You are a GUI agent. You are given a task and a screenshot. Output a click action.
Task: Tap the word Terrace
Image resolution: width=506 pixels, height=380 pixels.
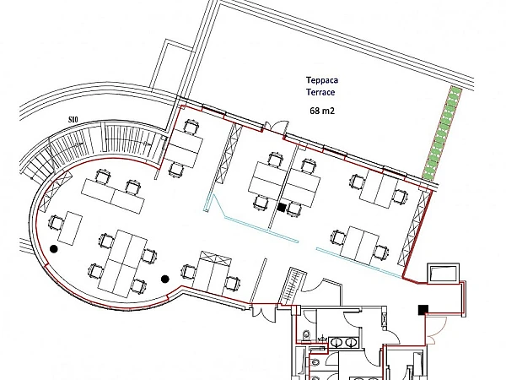pos(320,92)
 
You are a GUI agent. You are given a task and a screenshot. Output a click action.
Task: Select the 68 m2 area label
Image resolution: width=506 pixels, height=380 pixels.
pos(322,111)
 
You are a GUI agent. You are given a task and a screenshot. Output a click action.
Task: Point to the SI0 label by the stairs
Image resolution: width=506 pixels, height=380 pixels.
pos(73,120)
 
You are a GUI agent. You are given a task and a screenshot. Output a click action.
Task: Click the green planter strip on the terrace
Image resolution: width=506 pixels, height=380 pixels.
pos(442,133)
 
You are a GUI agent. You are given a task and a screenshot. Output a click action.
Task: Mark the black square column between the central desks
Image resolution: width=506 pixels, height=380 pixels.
pos(282,207)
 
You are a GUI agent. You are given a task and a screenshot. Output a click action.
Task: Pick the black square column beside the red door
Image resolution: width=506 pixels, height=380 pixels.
pos(423,310)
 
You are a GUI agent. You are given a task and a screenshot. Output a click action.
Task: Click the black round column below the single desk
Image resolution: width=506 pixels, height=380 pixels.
pos(54,249)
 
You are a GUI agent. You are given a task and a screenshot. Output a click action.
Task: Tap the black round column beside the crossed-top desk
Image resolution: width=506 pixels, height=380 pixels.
pos(165,279)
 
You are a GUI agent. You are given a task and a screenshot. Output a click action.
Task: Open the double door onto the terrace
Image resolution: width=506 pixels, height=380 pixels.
pos(275,126)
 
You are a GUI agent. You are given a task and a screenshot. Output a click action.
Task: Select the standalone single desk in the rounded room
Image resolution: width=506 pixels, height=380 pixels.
pos(70,228)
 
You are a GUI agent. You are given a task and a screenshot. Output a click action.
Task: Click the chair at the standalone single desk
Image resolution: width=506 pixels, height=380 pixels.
pos(57,223)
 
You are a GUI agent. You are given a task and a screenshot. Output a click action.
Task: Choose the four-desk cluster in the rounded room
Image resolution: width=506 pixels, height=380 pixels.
pos(122,263)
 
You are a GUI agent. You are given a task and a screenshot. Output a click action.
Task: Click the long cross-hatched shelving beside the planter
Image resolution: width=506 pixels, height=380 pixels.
pos(415,229)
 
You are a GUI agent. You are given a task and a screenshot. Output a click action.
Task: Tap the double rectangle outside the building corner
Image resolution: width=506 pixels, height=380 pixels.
pos(444,274)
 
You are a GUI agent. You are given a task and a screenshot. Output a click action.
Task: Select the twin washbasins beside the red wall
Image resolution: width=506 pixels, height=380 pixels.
pos(343,342)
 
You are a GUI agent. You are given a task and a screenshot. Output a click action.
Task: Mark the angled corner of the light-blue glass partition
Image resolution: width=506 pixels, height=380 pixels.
pos(225,217)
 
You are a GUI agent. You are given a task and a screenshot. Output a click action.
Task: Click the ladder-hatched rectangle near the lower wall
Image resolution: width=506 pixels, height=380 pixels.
pos(293,285)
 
